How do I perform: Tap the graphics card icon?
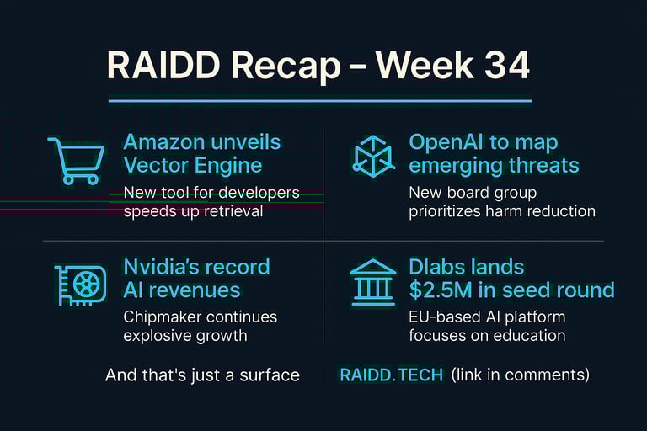pos(81,285)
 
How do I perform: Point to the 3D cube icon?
pos(373,157)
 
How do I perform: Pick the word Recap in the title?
pos(286,66)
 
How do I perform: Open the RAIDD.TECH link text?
pos(391,375)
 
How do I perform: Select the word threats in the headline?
pos(543,165)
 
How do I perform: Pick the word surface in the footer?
pos(270,375)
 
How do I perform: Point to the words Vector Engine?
pos(193,166)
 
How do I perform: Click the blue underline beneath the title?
pos(320,100)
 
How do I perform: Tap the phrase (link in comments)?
pos(521,375)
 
